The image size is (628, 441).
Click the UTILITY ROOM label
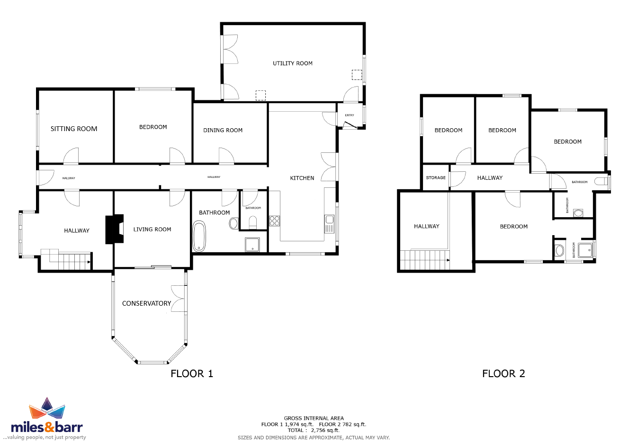coord(292,63)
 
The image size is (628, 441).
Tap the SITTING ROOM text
coord(74,129)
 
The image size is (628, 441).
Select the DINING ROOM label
coord(223,130)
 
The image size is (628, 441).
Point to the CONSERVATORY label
coord(147,303)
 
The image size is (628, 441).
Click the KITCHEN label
coord(302,178)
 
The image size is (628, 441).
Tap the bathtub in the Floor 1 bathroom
coord(199,236)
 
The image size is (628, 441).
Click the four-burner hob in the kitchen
coord(275,221)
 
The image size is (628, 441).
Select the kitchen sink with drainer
coord(330,224)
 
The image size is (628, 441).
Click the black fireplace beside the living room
coord(115,229)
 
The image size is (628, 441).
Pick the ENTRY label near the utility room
coord(350,115)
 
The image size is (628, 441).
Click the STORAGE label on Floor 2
coord(436,177)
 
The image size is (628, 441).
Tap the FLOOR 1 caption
coord(192,374)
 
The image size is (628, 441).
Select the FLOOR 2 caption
coord(503,374)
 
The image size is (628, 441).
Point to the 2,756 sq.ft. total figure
coord(325,430)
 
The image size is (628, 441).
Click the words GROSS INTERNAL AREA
coord(314,418)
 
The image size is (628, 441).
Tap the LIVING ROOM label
coord(152,229)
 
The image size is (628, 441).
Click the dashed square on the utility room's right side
coord(357,75)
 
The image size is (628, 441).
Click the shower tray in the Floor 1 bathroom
coord(252,245)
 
